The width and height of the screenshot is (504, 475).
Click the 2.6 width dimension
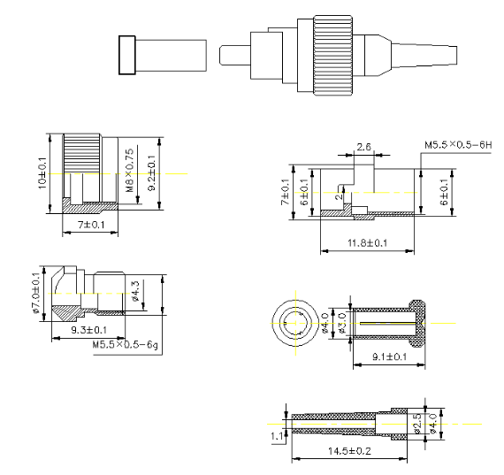pos(363,146)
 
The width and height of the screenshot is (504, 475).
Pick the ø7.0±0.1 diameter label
pos(35,291)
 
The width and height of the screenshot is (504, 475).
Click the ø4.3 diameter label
pos(135,291)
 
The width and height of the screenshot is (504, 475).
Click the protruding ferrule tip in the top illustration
pos(232,56)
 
